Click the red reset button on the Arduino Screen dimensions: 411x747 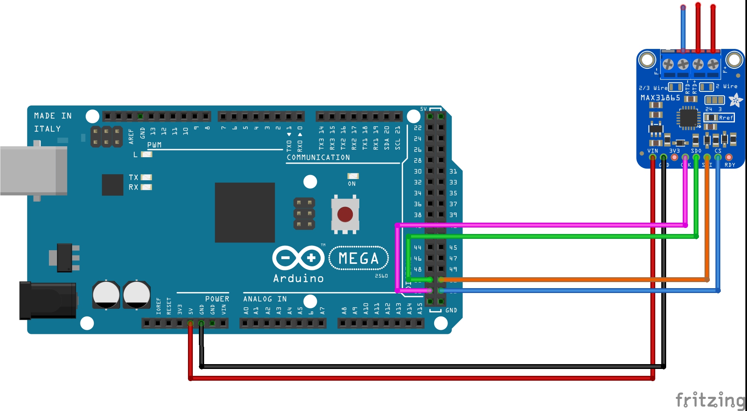(x=345, y=215)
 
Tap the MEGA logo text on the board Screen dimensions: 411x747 (x=359, y=258)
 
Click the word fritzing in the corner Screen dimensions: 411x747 (x=710, y=400)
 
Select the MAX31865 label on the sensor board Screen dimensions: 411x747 (x=660, y=98)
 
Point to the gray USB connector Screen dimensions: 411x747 (x=34, y=171)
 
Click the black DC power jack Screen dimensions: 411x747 (x=48, y=300)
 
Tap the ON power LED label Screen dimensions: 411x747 (x=352, y=184)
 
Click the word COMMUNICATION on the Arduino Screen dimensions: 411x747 (x=318, y=158)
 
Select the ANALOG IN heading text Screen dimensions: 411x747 (x=265, y=299)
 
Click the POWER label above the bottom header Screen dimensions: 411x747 (x=217, y=299)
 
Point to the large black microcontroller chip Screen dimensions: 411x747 (x=245, y=213)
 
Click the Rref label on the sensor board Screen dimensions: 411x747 (x=726, y=118)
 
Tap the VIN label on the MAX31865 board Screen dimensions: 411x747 (x=652, y=151)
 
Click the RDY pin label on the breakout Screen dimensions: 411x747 (x=730, y=165)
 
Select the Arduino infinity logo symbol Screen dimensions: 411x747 (x=298, y=258)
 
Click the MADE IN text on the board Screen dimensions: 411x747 (x=53, y=116)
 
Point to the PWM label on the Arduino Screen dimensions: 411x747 (x=154, y=145)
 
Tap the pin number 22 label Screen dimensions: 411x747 (x=418, y=128)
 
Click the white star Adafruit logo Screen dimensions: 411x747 (x=735, y=100)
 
